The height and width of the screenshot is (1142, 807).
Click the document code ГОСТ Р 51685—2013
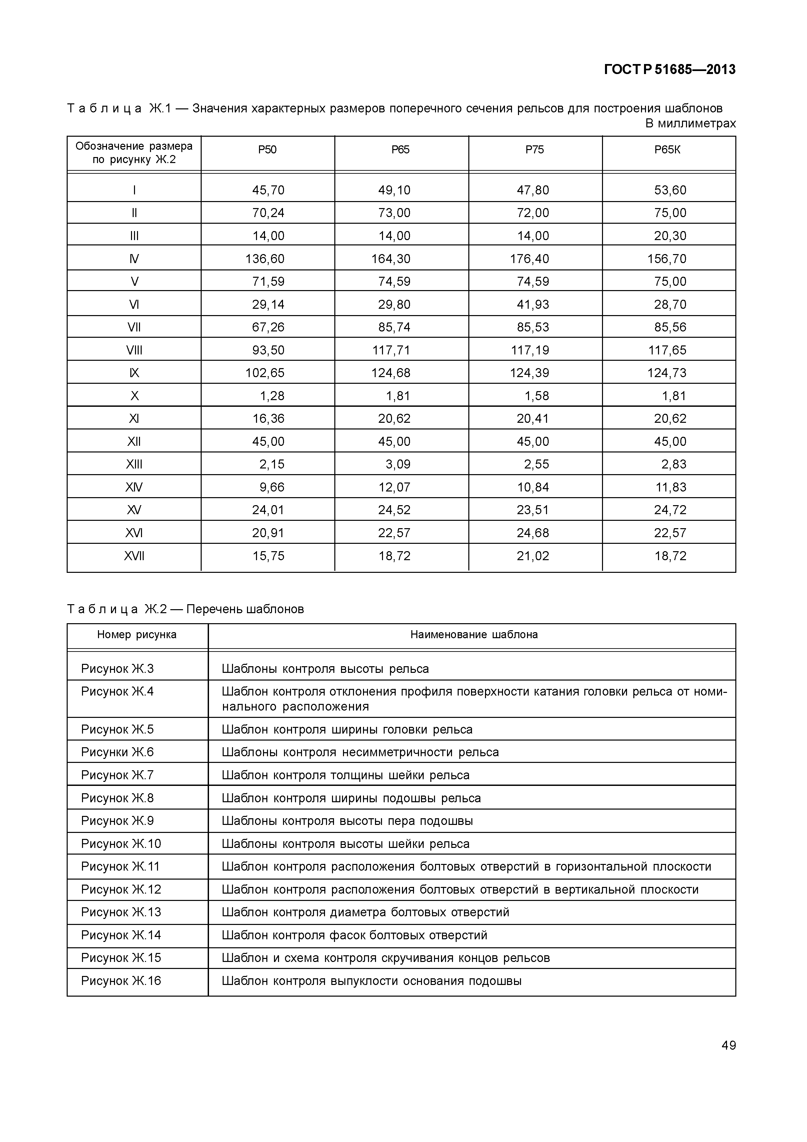669,70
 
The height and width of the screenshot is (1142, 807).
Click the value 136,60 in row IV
265,259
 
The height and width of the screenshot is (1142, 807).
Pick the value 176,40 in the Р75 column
530,259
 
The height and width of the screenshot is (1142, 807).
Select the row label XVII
134,555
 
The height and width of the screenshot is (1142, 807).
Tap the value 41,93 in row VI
533,304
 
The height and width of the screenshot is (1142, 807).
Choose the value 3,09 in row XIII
398,464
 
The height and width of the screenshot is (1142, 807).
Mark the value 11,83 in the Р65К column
670,487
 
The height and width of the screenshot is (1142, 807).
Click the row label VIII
134,350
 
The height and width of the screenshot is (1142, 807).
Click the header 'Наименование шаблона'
474,635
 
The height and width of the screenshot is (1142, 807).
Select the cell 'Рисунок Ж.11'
120,867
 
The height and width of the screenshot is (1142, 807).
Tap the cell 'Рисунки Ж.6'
117,752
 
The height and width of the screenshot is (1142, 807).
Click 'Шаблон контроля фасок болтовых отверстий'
354,935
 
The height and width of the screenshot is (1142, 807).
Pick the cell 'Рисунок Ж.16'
121,981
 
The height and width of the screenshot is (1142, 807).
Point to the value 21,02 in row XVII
533,555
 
